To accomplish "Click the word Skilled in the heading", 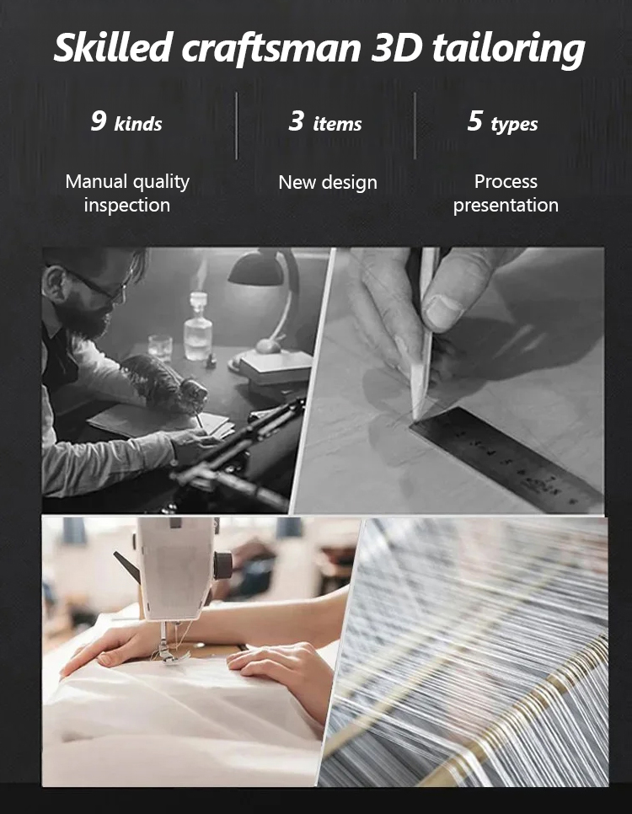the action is (x=113, y=47).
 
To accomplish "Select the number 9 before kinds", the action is (x=99, y=120).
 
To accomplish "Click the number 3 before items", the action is (x=297, y=120).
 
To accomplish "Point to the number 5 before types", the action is (x=475, y=120).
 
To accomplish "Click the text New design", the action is (x=328, y=182).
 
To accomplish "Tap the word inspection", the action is (x=127, y=205).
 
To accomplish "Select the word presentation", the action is (x=506, y=205).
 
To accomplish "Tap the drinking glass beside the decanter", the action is (x=160, y=348).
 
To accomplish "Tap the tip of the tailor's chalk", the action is (x=415, y=419).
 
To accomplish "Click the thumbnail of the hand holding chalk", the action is (x=443, y=313).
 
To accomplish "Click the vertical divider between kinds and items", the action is (x=237, y=126).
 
